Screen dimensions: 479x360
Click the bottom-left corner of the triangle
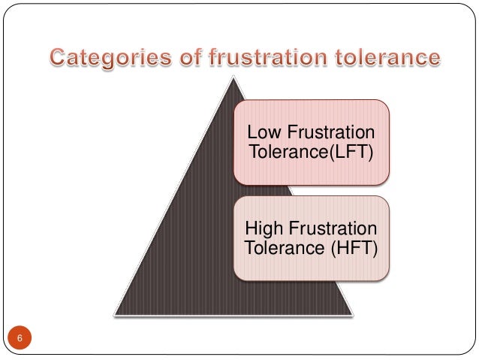click(x=116, y=313)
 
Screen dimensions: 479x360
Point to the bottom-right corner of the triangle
click(x=352, y=313)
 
